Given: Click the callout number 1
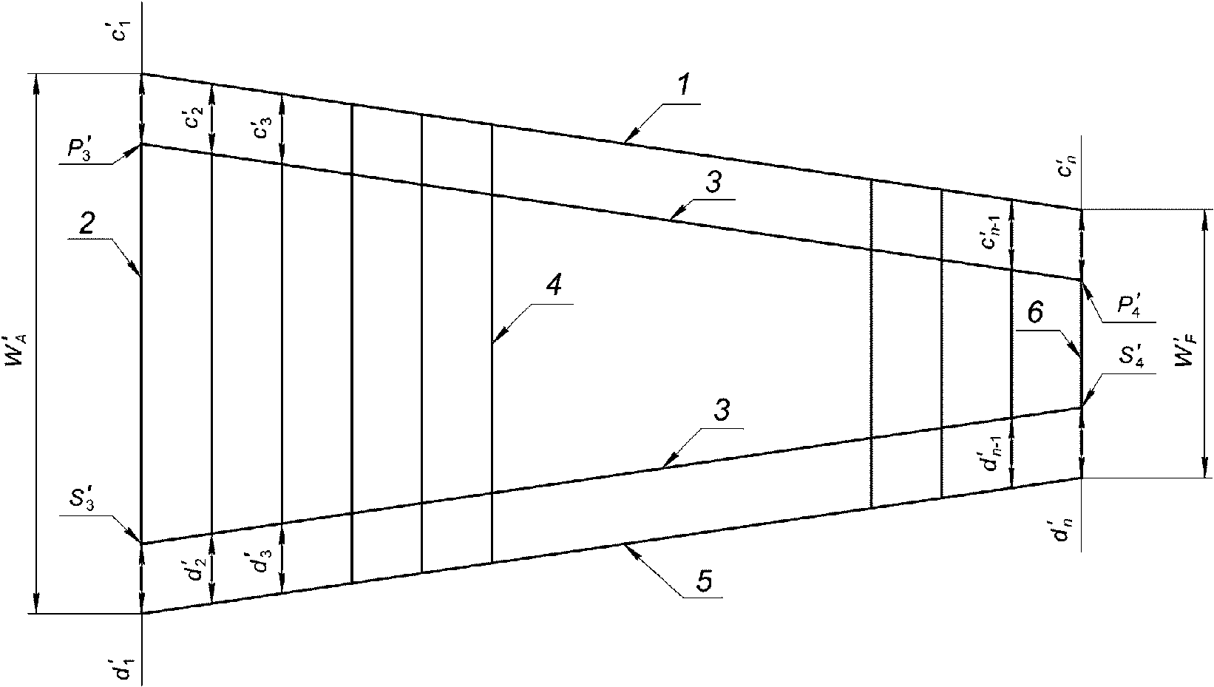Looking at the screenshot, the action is (x=684, y=87).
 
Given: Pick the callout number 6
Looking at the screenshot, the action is (x=1035, y=314).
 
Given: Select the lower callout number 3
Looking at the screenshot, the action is (x=722, y=410).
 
